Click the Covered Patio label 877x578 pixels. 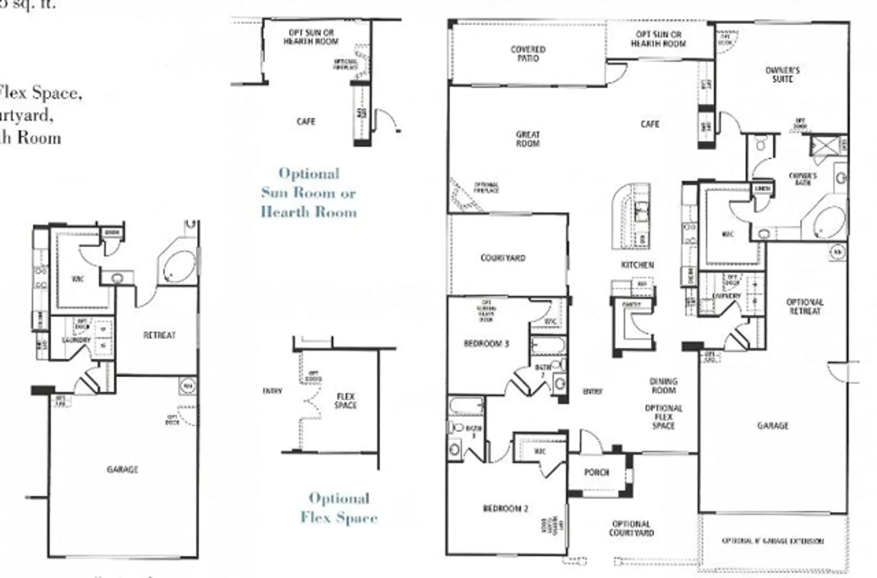coord(528,54)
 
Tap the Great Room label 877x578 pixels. coord(528,139)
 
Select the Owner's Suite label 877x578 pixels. coord(782,74)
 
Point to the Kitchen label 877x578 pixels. coord(637,265)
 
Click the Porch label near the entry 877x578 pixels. coord(596,472)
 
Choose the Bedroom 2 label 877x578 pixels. coord(505,508)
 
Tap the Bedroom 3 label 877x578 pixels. coord(486,344)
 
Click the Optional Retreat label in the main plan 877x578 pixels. coord(805,307)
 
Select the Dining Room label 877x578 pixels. coord(663,386)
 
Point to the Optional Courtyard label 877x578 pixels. coord(631,528)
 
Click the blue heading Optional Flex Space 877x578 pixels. coord(339,508)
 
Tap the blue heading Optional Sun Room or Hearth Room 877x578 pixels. coord(309,193)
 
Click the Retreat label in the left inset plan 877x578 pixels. coord(159,335)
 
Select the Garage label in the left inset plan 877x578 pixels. coord(122,469)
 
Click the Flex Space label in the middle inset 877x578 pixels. coord(346,401)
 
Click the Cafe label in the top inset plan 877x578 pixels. coord(306,121)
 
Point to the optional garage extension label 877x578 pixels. coord(772,541)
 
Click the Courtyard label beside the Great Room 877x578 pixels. coord(503,258)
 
